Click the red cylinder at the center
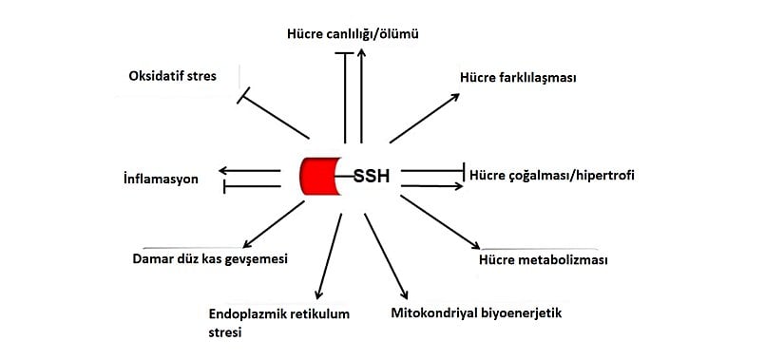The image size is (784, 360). pos(320,177)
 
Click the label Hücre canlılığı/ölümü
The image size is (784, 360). pos(353,34)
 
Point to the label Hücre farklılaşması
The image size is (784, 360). pos(519,79)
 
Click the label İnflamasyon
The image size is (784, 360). pos(161,178)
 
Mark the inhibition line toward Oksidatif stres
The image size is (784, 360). pos(276,115)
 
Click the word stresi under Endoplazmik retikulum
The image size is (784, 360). pos(225,332)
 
